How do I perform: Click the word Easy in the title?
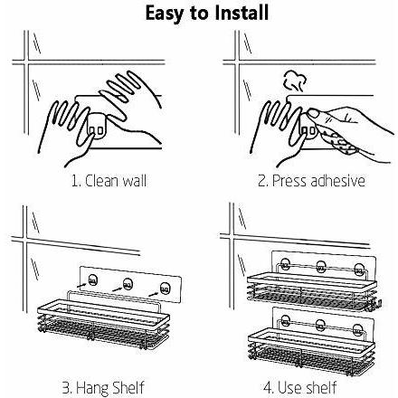point(164,14)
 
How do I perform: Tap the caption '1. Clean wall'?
point(109,181)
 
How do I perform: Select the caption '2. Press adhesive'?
point(311,181)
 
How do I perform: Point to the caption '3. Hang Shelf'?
point(103,388)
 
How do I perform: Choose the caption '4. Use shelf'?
point(300,387)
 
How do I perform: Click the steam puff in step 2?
point(295,81)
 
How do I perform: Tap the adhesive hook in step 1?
point(96,128)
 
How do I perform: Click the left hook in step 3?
point(92,280)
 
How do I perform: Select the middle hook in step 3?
point(128,284)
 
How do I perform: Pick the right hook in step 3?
point(165,289)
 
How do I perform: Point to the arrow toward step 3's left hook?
point(81,284)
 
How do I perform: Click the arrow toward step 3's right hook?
point(154,293)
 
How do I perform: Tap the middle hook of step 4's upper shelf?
point(321,266)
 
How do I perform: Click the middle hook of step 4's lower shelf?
point(321,325)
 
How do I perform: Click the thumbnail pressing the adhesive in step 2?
point(314,114)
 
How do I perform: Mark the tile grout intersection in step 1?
point(26,62)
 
